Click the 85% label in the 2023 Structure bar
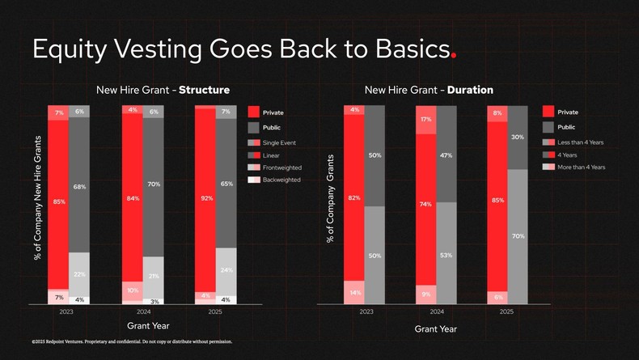(59, 202)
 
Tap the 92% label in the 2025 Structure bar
(206, 197)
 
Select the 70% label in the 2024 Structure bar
(154, 184)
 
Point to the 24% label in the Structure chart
(226, 269)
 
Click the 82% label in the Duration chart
(353, 197)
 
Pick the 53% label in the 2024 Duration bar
(446, 255)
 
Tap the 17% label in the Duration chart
(426, 120)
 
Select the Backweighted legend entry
(281, 179)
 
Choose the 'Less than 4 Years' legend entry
(580, 142)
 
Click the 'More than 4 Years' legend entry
(581, 167)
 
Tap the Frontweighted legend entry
(282, 167)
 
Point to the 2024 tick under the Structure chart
(143, 311)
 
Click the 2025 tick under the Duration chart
(506, 311)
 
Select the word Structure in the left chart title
(204, 90)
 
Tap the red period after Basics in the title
(454, 56)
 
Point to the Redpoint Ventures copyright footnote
(132, 341)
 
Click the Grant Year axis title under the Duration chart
(436, 329)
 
